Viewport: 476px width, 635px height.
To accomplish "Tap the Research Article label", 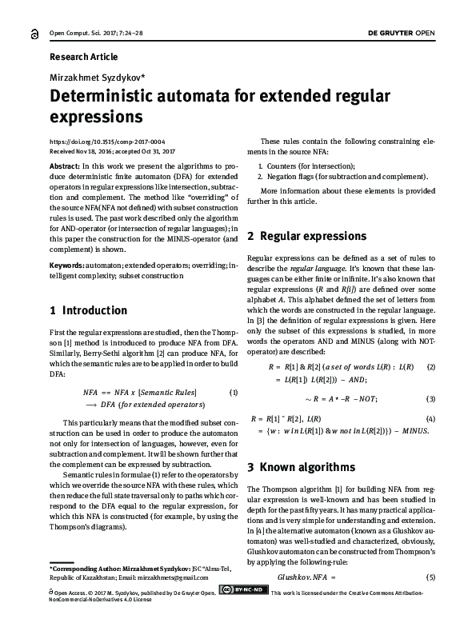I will click(x=83, y=57).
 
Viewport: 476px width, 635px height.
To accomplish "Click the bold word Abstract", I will click(x=65, y=163).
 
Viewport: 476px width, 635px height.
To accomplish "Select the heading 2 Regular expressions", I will click(x=307, y=236).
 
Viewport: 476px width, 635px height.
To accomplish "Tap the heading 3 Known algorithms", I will click(x=300, y=465).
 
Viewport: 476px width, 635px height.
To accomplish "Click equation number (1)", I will click(x=234, y=392).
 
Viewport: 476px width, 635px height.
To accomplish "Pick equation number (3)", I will click(x=430, y=398).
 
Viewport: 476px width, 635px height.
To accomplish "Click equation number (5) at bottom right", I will click(x=430, y=577).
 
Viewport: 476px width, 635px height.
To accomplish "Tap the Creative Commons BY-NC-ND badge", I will click(x=244, y=591).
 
